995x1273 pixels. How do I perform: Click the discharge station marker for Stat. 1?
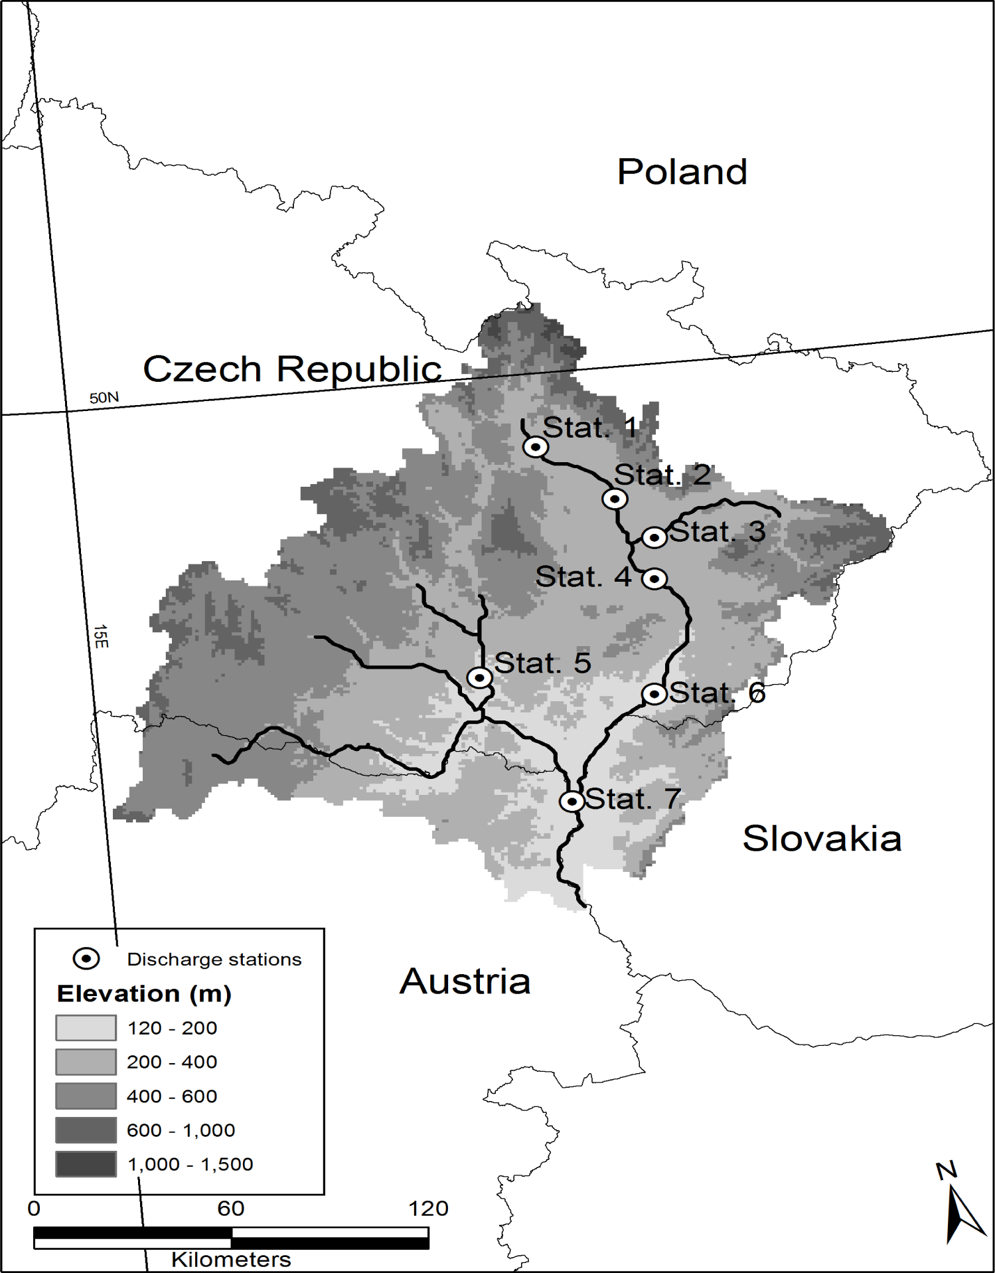[x=535, y=447]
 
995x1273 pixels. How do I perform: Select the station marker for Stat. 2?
[x=615, y=499]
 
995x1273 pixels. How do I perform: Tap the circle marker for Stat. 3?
[x=654, y=537]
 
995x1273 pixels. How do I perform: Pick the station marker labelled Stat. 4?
[x=654, y=579]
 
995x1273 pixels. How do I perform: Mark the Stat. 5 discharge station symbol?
[x=479, y=678]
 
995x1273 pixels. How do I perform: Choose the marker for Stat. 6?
[x=654, y=695]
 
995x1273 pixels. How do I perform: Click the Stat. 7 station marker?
[x=572, y=802]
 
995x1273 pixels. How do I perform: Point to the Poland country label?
[x=682, y=172]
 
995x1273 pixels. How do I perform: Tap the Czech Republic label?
[x=292, y=369]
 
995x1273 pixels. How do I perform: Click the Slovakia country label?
[x=821, y=838]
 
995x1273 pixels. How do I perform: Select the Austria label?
[x=465, y=981]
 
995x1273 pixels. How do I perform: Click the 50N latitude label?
[x=104, y=398]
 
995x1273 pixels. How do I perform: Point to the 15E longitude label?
[x=100, y=636]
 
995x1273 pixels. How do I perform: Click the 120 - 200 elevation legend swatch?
[x=86, y=1028]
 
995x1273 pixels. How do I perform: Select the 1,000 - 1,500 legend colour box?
[x=86, y=1164]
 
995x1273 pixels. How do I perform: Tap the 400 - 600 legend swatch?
[x=86, y=1096]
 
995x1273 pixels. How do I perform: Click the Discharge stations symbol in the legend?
[x=86, y=959]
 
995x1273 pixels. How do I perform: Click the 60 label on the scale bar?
[x=230, y=1209]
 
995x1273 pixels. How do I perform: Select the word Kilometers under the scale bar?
[x=231, y=1260]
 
